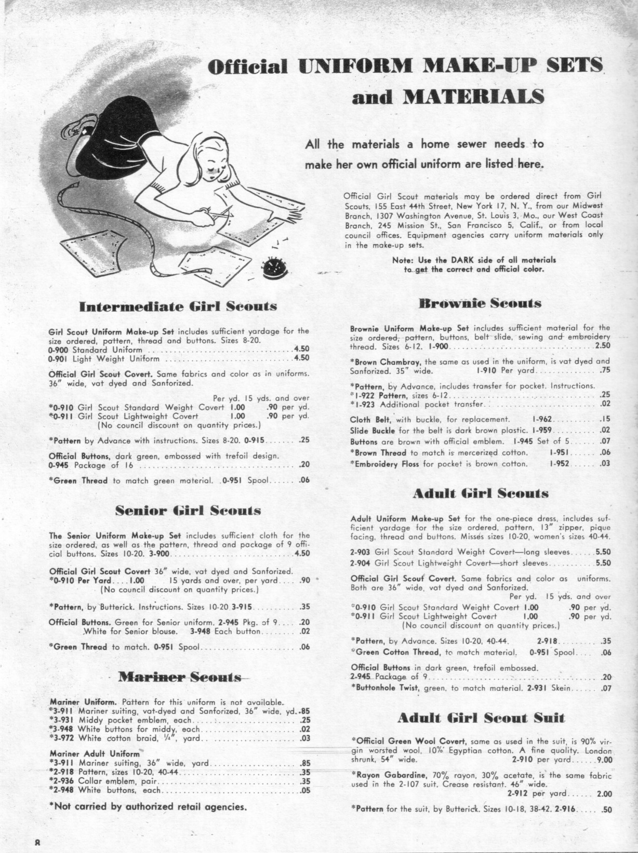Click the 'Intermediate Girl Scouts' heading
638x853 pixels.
point(177,306)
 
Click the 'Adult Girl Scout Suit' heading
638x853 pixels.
point(480,718)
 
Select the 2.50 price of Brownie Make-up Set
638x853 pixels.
point(603,345)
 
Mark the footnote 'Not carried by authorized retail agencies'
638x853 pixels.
point(147,807)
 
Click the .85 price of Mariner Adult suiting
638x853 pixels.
point(305,763)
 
